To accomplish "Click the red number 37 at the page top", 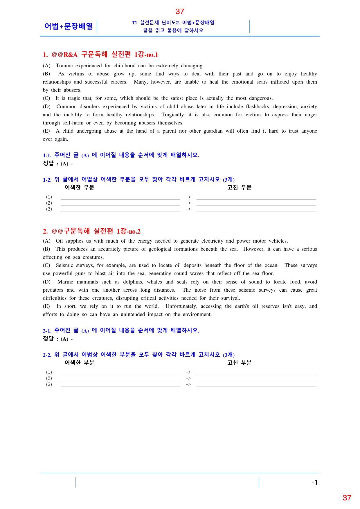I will (180, 12).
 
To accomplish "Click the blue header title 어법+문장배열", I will (69, 26).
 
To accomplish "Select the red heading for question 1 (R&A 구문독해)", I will (100, 55).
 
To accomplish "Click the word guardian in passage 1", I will (213, 131).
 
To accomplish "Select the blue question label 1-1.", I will (47, 156).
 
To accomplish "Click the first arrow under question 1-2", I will (188, 197).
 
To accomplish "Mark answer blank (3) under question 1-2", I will (120, 210).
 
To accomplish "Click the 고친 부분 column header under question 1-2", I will (239, 188).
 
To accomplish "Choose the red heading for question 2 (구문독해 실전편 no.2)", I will (92, 231).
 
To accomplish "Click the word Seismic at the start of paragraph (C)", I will (64, 265).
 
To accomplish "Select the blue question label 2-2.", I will (47, 355).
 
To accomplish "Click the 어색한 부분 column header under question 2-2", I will (79, 363).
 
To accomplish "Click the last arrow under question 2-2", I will (188, 385).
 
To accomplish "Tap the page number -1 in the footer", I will (315, 482).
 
